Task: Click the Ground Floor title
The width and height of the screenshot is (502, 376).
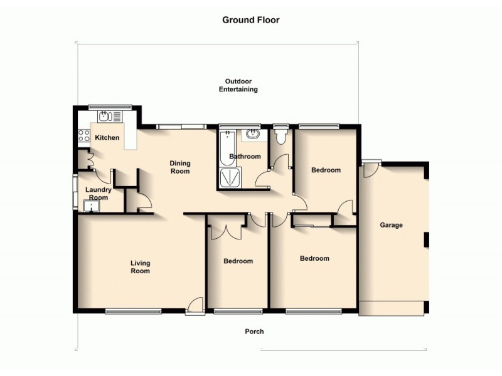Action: click(x=250, y=20)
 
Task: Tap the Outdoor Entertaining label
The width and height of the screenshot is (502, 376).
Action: click(x=238, y=86)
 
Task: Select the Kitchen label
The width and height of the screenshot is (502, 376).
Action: click(x=107, y=138)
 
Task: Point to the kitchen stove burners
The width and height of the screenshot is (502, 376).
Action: click(x=82, y=133)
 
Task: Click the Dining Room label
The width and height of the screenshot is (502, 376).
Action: click(x=180, y=167)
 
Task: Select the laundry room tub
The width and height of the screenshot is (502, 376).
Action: click(x=88, y=205)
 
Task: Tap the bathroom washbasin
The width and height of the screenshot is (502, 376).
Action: click(x=252, y=133)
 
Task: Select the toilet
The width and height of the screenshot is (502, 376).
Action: click(x=280, y=135)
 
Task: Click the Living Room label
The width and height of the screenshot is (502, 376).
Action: click(x=140, y=267)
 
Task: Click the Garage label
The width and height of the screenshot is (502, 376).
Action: click(x=391, y=225)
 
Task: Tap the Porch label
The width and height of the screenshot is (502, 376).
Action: click(x=254, y=332)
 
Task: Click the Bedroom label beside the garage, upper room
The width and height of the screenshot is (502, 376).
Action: click(x=326, y=170)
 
